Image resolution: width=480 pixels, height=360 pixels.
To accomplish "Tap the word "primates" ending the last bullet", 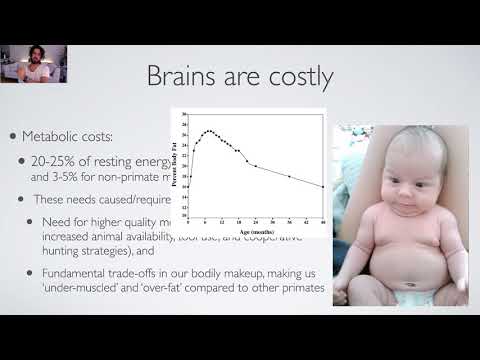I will tap(302, 288).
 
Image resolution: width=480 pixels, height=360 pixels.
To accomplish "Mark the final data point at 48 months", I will tap(322, 187).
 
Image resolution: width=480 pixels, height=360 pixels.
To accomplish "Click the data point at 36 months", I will tap(289, 177).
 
